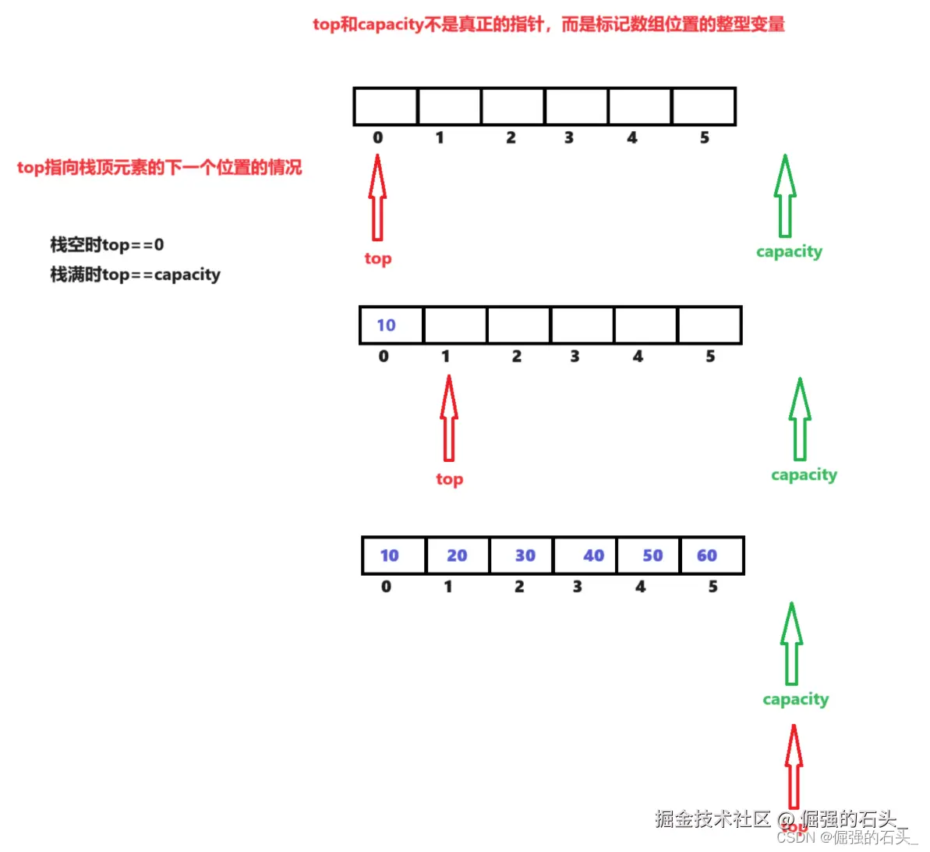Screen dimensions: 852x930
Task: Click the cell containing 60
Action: (x=712, y=556)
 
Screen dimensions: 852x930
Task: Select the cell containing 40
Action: (x=585, y=556)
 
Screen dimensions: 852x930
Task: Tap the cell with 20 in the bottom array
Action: (x=458, y=556)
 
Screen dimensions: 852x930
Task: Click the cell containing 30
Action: (x=522, y=556)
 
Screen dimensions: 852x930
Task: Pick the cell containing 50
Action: (x=649, y=556)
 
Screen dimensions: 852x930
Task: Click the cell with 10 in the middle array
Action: (x=391, y=325)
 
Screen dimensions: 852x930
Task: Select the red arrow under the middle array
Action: (x=448, y=418)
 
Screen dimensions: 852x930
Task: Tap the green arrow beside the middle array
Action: (x=800, y=419)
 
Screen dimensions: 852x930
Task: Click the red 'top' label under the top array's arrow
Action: (x=378, y=258)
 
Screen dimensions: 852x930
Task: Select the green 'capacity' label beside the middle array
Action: (x=804, y=475)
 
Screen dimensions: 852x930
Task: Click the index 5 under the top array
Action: (x=704, y=138)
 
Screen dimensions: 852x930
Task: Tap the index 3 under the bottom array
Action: (x=577, y=587)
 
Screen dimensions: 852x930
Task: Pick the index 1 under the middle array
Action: (x=445, y=357)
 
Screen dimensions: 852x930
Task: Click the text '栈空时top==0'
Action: (x=107, y=245)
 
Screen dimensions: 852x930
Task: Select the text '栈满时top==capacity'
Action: (x=135, y=275)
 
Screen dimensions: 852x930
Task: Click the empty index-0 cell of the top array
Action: (x=385, y=107)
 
